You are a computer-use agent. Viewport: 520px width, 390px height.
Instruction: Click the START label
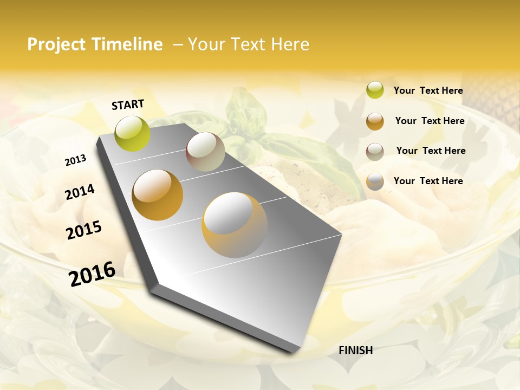pos(128,105)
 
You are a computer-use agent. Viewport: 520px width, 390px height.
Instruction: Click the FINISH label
pos(355,350)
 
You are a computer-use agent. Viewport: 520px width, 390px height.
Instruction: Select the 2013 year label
pos(75,160)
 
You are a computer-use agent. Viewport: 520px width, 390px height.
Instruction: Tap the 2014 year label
pos(80,192)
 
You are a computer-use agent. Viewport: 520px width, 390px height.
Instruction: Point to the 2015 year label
pos(84,230)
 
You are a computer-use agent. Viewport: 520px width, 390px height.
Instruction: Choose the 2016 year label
pos(92,274)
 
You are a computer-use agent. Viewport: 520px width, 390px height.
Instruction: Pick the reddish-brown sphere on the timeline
pos(205,152)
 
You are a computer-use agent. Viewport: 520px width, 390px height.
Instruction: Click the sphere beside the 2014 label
pos(158,195)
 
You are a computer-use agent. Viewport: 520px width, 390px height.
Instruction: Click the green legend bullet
pos(375,90)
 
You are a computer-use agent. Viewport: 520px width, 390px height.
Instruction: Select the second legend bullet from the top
pos(375,121)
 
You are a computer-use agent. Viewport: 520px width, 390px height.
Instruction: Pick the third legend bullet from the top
pos(375,152)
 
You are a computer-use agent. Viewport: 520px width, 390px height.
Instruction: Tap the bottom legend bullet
pos(375,181)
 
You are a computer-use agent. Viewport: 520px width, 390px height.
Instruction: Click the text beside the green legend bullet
pos(428,90)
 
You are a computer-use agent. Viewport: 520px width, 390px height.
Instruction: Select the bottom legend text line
pos(428,181)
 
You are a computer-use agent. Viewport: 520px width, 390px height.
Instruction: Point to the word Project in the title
pos(56,44)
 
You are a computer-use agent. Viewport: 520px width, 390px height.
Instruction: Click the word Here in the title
pos(289,44)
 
